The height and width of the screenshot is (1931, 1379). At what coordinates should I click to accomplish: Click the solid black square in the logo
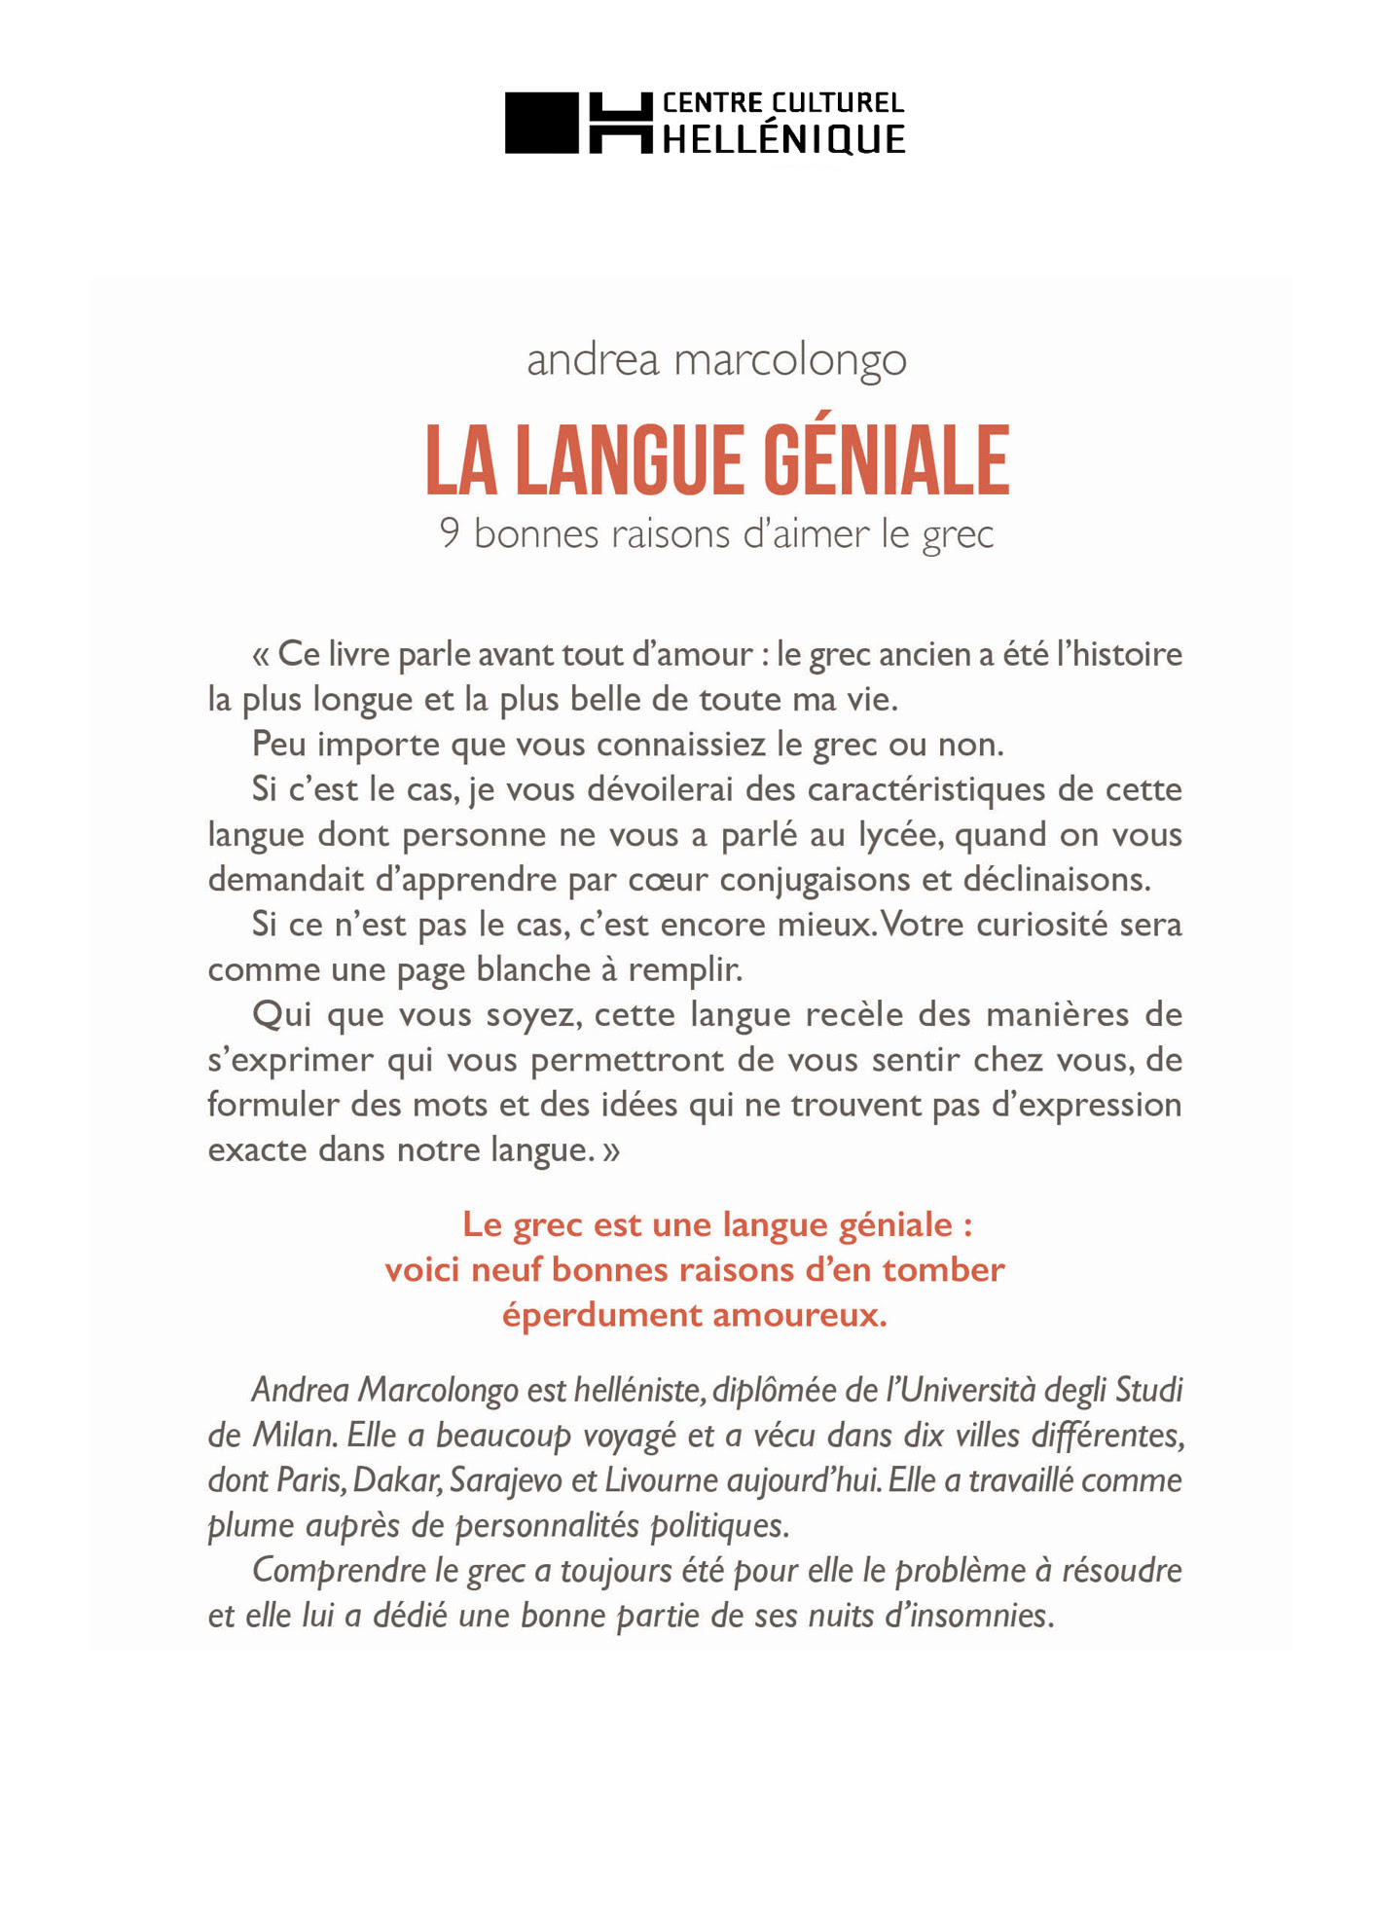pyautogui.click(x=541, y=123)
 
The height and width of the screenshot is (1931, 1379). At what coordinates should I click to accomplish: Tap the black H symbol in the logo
pyautogui.click(x=620, y=123)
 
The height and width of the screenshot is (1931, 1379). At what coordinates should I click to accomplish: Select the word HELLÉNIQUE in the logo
pyautogui.click(x=783, y=140)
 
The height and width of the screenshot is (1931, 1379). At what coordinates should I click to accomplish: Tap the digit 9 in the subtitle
pyautogui.click(x=449, y=533)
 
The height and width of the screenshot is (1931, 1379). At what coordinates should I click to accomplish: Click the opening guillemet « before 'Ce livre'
pyautogui.click(x=260, y=655)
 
